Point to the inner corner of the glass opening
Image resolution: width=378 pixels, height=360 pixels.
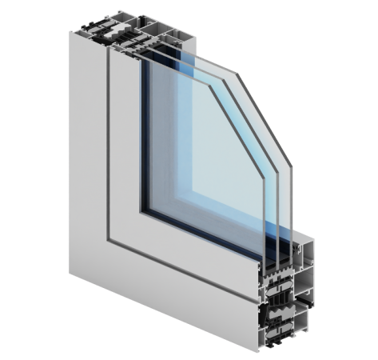point(144,211)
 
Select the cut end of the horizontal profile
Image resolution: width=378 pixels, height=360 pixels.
point(296,304)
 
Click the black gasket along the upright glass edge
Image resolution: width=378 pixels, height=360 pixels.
point(142,136)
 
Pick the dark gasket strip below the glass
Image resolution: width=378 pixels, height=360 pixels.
point(200,236)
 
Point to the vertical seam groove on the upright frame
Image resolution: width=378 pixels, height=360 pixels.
point(108,144)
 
